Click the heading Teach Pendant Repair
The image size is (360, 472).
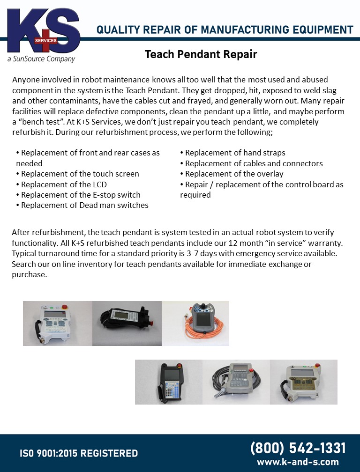tap(201, 54)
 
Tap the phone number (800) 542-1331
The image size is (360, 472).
tap(298, 448)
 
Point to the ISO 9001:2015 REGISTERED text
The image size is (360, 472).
tap(78, 453)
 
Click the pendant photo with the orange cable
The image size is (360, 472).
tap(196, 323)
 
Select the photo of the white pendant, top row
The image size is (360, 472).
tap(58, 323)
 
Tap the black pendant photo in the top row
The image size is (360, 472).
tap(127, 323)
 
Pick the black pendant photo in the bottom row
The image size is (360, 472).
tap(169, 382)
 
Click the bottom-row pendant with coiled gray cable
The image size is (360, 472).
tap(236, 382)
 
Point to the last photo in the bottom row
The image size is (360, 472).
tap(304, 382)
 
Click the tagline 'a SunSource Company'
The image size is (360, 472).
tap(41, 59)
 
